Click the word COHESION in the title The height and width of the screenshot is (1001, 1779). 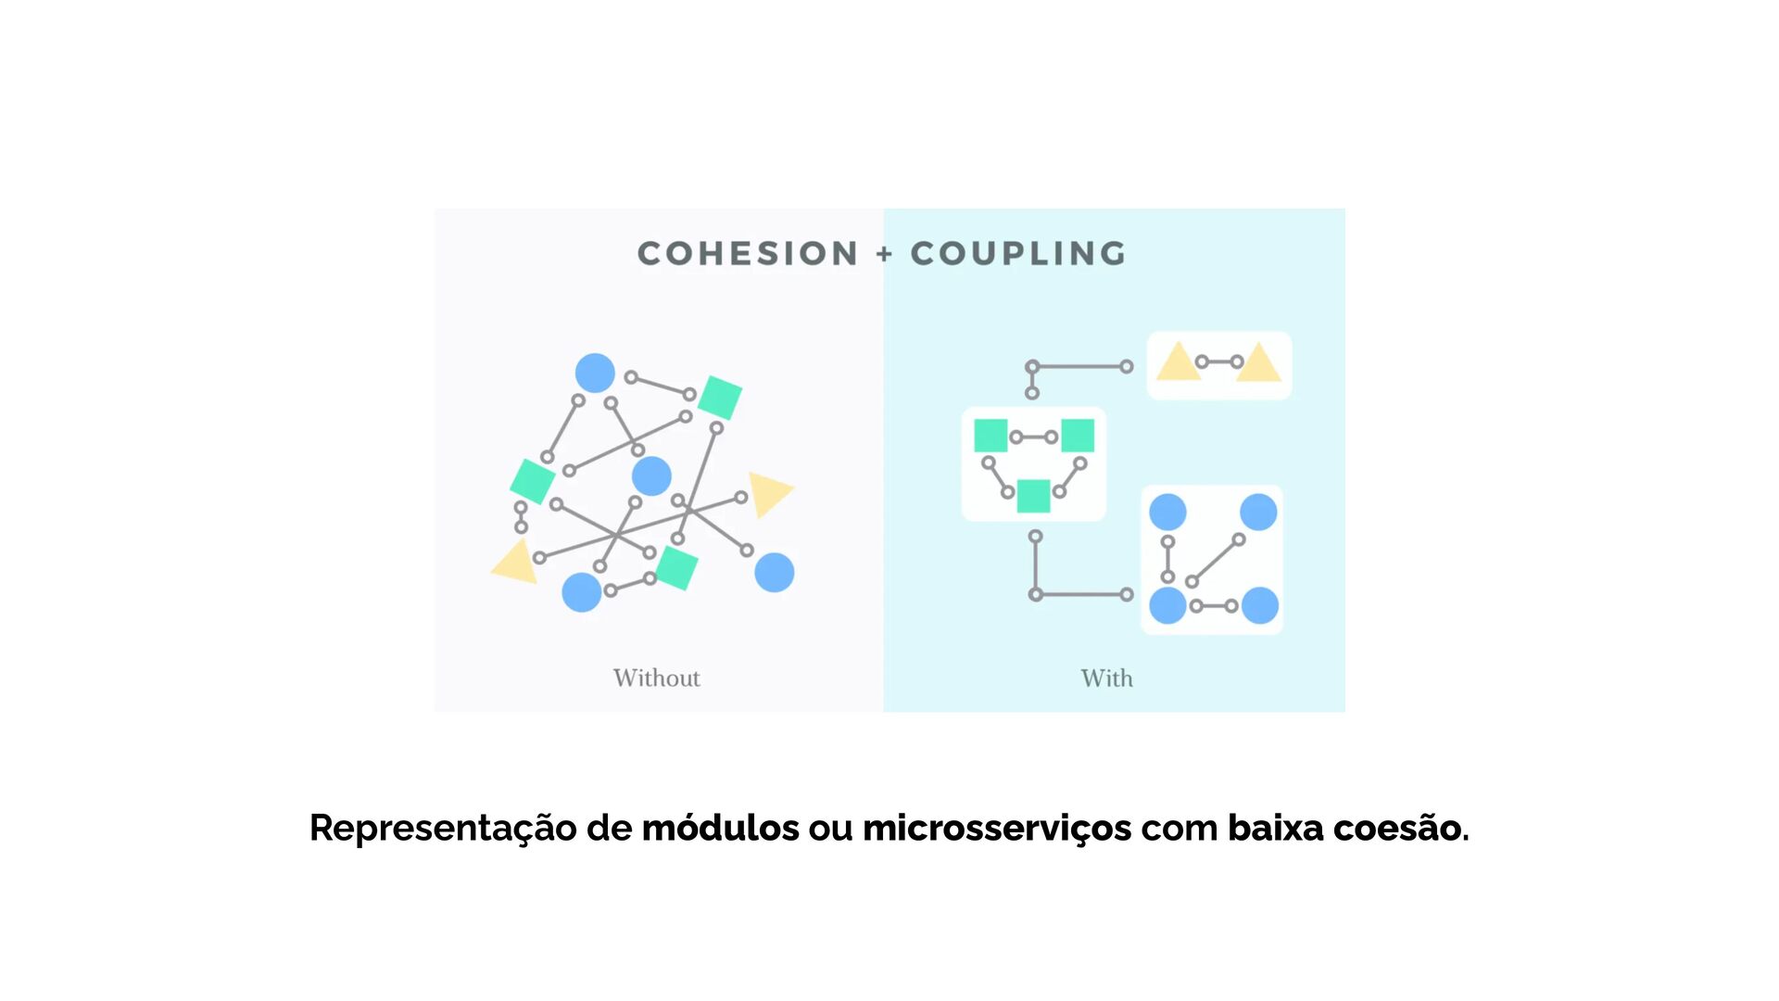[748, 253]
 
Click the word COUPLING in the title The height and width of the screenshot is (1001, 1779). [1018, 253]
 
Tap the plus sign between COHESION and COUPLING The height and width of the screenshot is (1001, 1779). [885, 253]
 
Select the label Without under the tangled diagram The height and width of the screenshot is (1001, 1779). [656, 678]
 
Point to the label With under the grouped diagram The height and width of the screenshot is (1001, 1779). [1106, 678]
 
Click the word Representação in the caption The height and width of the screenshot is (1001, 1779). [443, 828]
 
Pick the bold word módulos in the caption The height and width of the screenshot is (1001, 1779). [720, 828]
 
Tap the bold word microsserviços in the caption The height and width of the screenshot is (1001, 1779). [997, 828]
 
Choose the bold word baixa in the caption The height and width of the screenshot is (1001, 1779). [1276, 828]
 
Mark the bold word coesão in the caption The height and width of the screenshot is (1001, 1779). [1399, 828]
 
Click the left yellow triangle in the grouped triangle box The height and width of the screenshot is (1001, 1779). [1178, 363]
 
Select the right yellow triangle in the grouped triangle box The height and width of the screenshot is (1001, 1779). [1258, 364]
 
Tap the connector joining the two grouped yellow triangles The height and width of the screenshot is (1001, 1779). [1219, 362]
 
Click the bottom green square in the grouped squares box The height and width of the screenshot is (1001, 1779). [1033, 496]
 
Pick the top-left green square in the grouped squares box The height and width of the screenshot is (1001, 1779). [990, 436]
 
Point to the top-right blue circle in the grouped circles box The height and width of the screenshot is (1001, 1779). [1258, 512]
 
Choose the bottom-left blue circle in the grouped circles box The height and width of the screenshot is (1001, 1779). [1167, 605]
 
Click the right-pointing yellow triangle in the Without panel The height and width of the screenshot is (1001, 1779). [768, 492]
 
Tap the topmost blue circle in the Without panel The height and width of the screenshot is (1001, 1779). [595, 373]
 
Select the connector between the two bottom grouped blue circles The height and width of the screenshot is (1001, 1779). [1214, 606]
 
